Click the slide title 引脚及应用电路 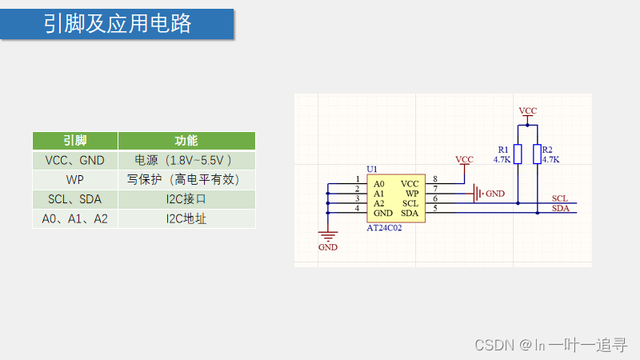coord(118,24)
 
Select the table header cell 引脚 coord(75,141)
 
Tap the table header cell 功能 coord(186,141)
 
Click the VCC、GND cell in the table coord(75,160)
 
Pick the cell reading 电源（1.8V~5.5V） coord(186,160)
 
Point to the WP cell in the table coord(75,179)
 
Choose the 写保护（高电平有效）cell coord(186,179)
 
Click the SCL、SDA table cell coord(75,198)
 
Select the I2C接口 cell coord(186,198)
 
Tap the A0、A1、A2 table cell coord(75,218)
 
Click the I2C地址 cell coord(186,218)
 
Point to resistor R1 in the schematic coord(518,154)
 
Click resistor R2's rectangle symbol coord(536,154)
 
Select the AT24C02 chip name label coord(384,228)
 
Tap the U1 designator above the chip coord(371,170)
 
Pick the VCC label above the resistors coord(528,110)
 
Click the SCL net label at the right coord(560,198)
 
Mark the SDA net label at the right coord(560,209)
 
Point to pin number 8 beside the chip coord(434,178)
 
